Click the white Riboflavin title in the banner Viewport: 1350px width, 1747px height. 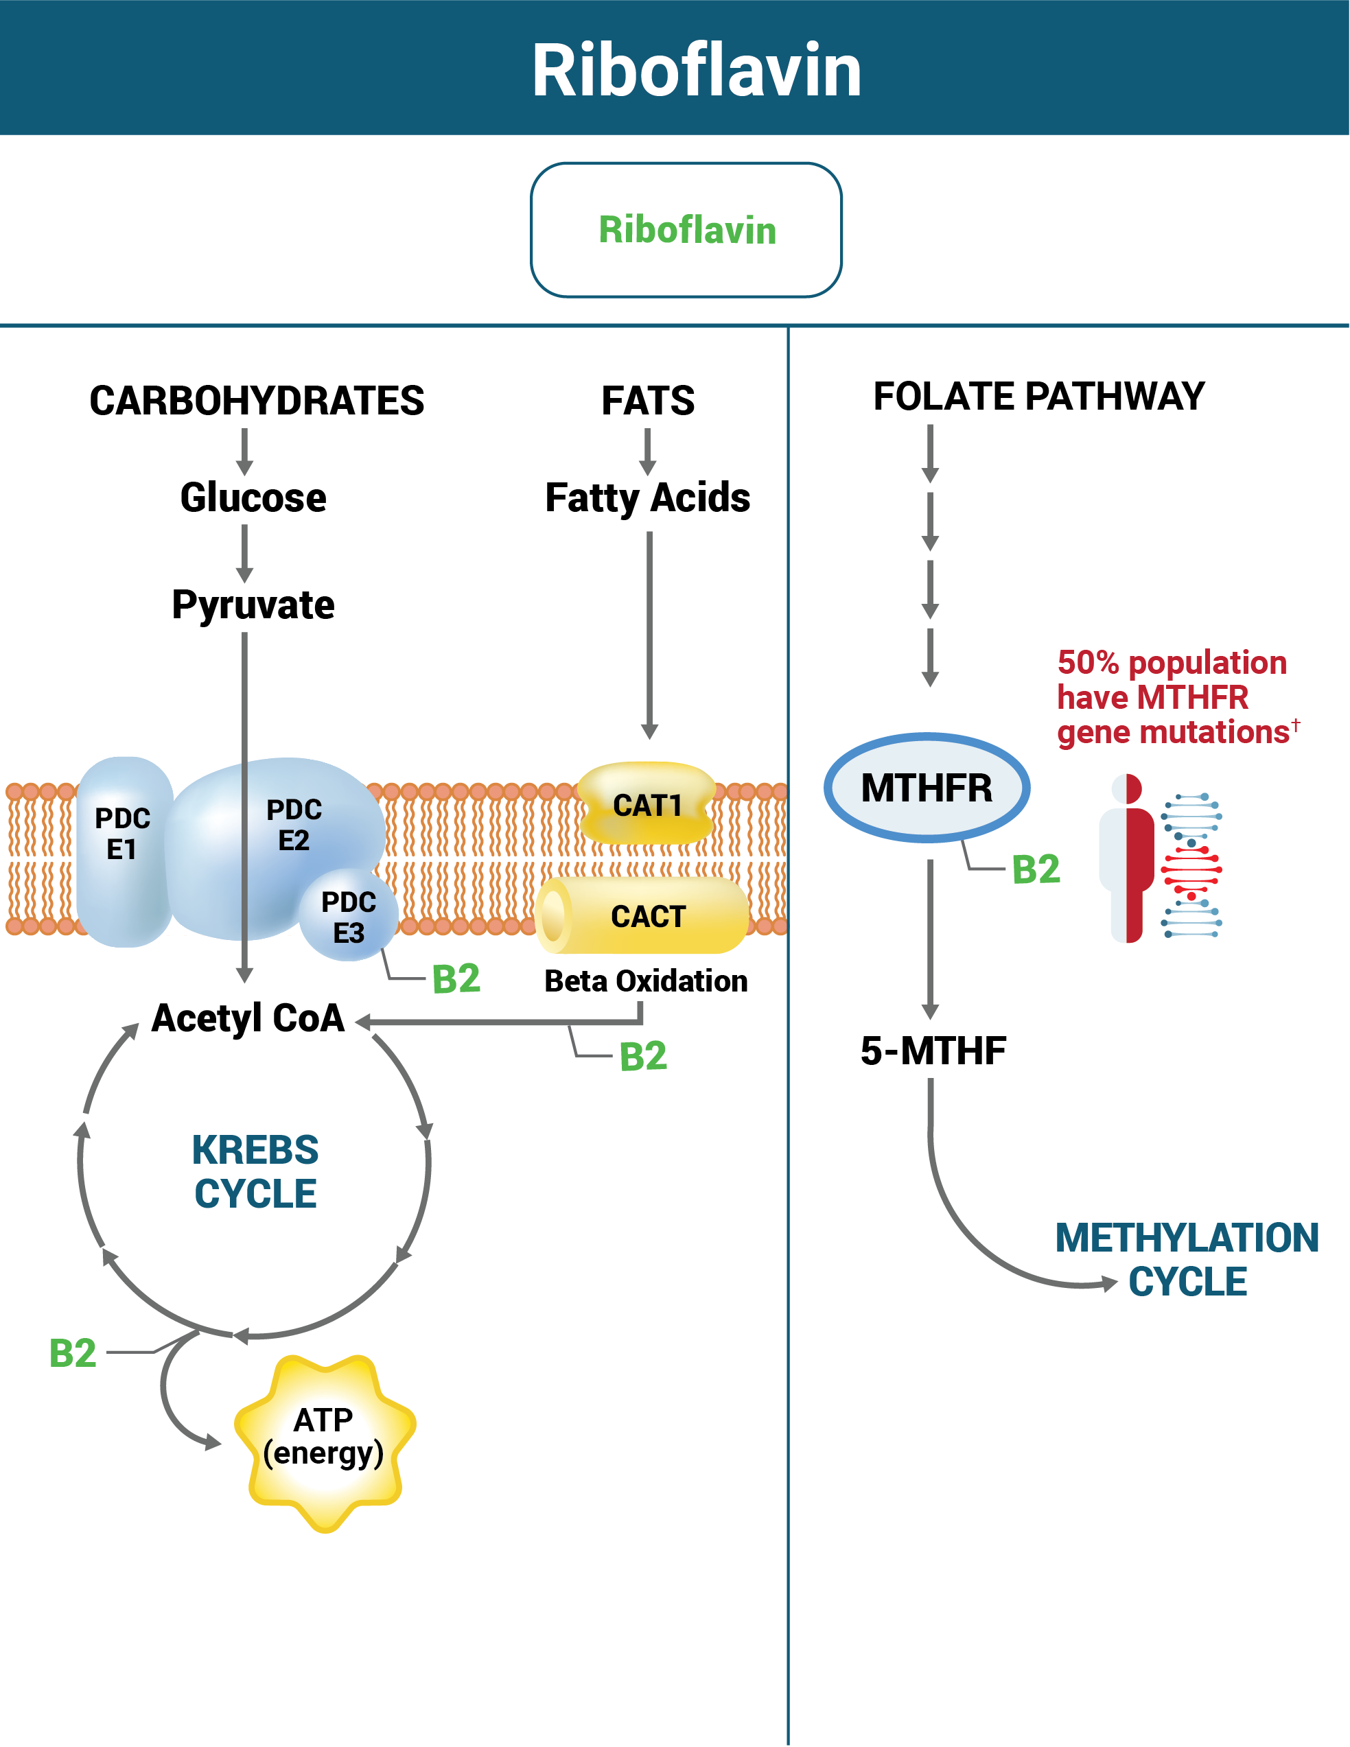[696, 71]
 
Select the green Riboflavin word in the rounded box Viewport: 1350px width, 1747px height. [686, 231]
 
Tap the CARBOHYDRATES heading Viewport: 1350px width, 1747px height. [256, 400]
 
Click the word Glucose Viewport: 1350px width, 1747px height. [253, 497]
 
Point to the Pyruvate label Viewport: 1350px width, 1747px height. [253, 605]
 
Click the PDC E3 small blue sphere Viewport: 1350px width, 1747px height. [349, 917]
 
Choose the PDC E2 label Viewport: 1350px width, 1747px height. [294, 824]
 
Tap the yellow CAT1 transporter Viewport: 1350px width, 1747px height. [647, 805]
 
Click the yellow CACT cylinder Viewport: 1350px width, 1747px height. [647, 916]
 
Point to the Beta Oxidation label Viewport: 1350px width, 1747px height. [646, 981]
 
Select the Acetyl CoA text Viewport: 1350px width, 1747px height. [248, 1018]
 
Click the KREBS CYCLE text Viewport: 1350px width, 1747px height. [255, 1172]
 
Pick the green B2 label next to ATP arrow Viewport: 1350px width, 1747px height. [73, 1353]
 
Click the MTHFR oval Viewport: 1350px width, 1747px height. [926, 788]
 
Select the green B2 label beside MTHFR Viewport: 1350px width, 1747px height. [1036, 869]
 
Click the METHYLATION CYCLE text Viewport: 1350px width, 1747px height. [1187, 1260]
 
